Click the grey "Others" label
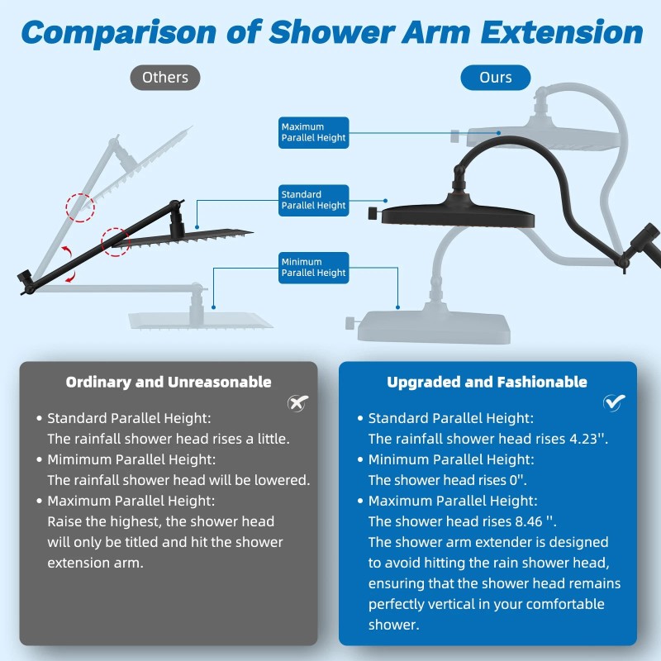pyautogui.click(x=165, y=78)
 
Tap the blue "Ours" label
pyautogui.click(x=496, y=78)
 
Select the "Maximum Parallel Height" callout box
pyautogui.click(x=314, y=132)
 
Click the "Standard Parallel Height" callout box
pyautogui.click(x=314, y=200)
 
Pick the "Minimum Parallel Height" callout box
pyautogui.click(x=314, y=267)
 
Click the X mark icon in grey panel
pyautogui.click(x=297, y=402)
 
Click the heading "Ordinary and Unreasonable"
pyautogui.click(x=169, y=382)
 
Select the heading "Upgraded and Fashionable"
pyautogui.click(x=487, y=382)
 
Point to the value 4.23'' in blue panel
pyautogui.click(x=588, y=439)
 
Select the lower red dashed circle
pyautogui.click(x=116, y=242)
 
